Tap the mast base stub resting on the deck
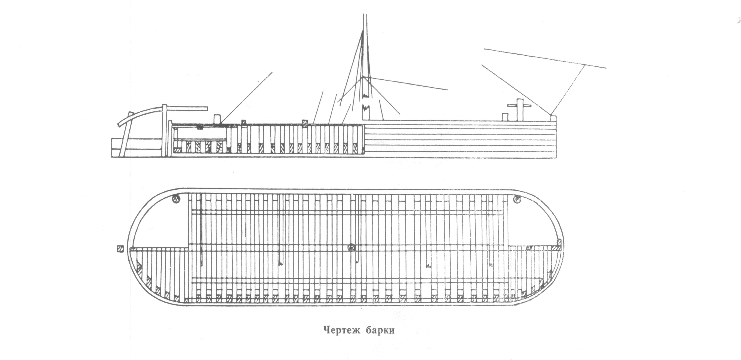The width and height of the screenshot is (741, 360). tap(366, 113)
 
